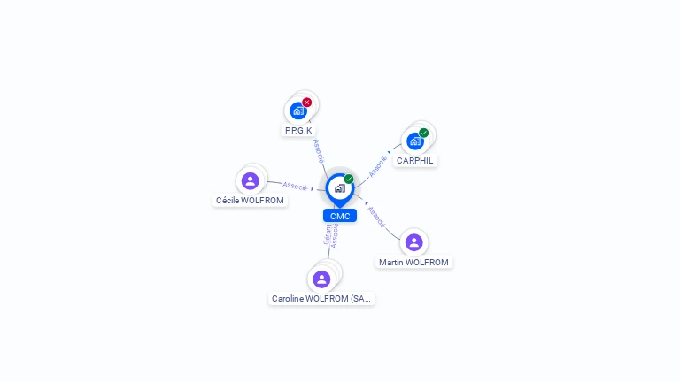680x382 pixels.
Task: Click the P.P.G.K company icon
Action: pyautogui.click(x=297, y=111)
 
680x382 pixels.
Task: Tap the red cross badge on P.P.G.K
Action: pyautogui.click(x=307, y=103)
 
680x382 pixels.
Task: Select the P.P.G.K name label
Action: pyautogui.click(x=298, y=130)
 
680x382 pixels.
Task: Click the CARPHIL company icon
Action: pyautogui.click(x=414, y=141)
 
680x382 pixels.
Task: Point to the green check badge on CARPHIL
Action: pyautogui.click(x=424, y=133)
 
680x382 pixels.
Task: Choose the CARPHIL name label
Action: pyautogui.click(x=415, y=160)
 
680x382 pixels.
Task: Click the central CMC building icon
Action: pyautogui.click(x=339, y=188)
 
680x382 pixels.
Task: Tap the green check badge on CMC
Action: pyautogui.click(x=349, y=179)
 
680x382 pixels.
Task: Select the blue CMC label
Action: pyautogui.click(x=340, y=216)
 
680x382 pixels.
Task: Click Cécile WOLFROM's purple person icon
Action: pyautogui.click(x=251, y=180)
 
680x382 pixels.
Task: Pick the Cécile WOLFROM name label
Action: pyautogui.click(x=251, y=200)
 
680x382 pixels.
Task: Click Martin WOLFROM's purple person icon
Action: pyautogui.click(x=413, y=242)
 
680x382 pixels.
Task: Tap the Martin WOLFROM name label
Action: pyautogui.click(x=413, y=262)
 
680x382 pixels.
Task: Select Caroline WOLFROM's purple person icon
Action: pyautogui.click(x=321, y=279)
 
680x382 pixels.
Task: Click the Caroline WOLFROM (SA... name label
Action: pyautogui.click(x=321, y=299)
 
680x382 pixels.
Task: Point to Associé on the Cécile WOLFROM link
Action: pyautogui.click(x=295, y=187)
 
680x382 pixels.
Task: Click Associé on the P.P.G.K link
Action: pyautogui.click(x=319, y=150)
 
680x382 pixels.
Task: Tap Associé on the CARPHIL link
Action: pyautogui.click(x=378, y=165)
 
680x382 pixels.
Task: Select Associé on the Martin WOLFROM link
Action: pyautogui.click(x=376, y=218)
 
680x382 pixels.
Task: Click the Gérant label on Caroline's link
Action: pyautogui.click(x=327, y=235)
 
